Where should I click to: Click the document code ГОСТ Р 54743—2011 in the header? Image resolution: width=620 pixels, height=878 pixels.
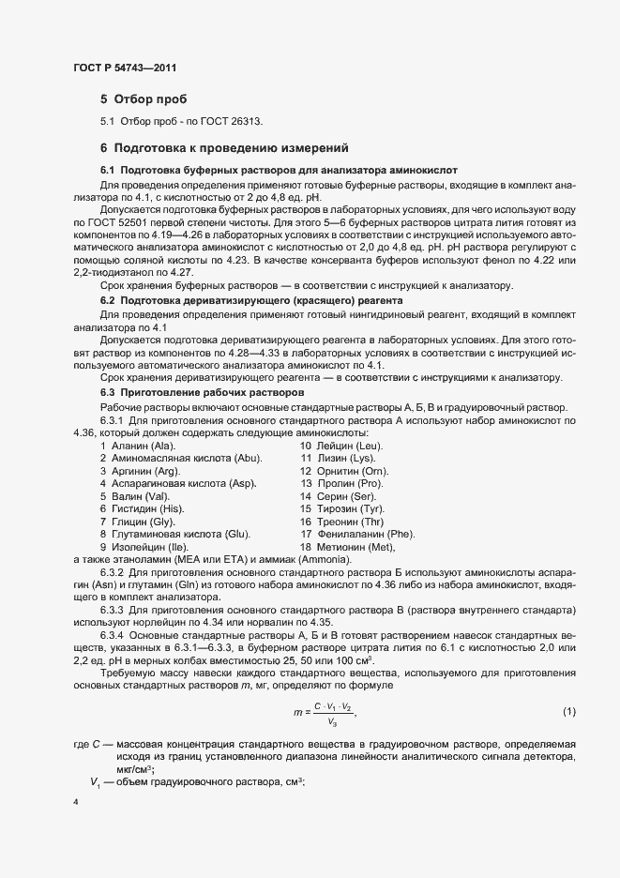click(124, 68)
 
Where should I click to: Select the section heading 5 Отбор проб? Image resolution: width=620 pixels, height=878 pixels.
click(144, 98)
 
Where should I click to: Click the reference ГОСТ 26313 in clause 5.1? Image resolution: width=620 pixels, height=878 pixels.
click(237, 122)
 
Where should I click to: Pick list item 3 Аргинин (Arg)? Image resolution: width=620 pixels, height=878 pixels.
click(139, 470)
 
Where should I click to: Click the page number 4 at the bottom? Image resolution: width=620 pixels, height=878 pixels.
click(76, 802)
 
